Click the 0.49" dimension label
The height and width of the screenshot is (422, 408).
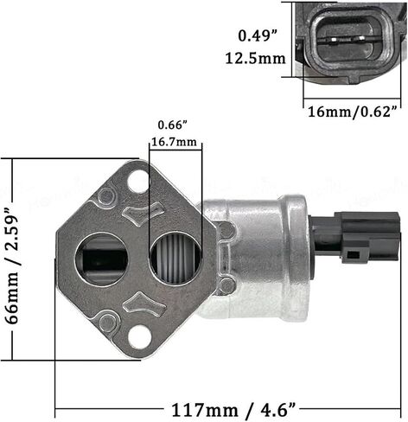pos(258,36)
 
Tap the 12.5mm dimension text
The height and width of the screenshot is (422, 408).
pos(255,59)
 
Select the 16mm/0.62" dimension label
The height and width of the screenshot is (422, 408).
pos(353,112)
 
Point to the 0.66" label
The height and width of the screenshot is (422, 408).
pos(173,125)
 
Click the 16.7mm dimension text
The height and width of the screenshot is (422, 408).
pos(174,142)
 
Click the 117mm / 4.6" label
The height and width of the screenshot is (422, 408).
pos(233,410)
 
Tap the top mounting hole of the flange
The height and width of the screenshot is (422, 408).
pos(137,182)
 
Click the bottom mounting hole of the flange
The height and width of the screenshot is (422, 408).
pos(139,336)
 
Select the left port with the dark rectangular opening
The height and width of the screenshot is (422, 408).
pos(101,259)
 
